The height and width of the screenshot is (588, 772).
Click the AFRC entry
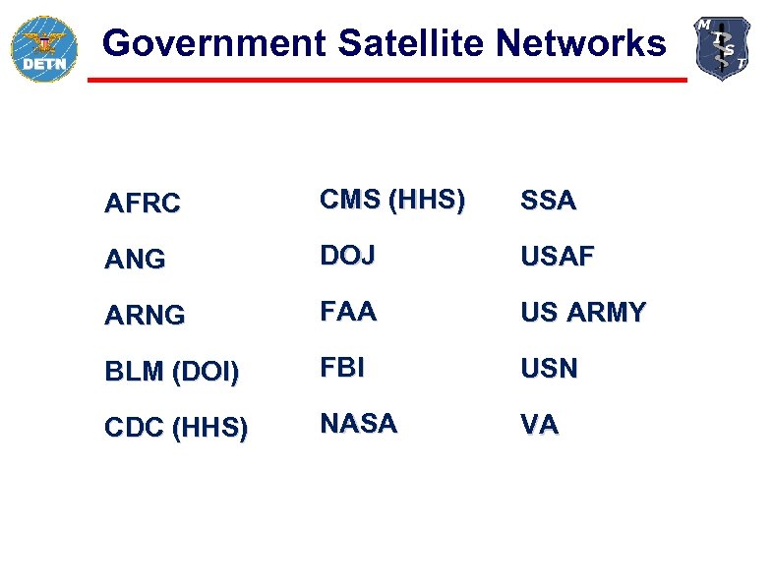[x=143, y=204]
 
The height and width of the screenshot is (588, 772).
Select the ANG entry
[x=135, y=260]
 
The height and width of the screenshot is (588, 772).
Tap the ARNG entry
[x=144, y=316]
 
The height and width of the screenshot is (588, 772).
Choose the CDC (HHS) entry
[x=176, y=429]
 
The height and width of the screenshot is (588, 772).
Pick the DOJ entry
[x=347, y=256]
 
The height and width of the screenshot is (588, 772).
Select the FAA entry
[x=348, y=312]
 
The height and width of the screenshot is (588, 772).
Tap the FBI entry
[x=342, y=368]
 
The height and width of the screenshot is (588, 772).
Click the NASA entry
[x=359, y=424]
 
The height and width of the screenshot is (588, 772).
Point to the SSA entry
[x=548, y=201]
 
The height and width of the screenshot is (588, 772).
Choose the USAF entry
[x=557, y=257]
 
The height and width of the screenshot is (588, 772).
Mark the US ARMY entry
[x=583, y=313]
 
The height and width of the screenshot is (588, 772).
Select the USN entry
[x=549, y=369]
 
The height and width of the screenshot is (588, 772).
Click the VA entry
[x=539, y=425]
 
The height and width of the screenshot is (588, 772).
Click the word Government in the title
[x=212, y=43]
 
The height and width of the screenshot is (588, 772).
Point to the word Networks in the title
[x=580, y=43]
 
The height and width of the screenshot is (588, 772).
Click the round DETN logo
[x=43, y=48]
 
